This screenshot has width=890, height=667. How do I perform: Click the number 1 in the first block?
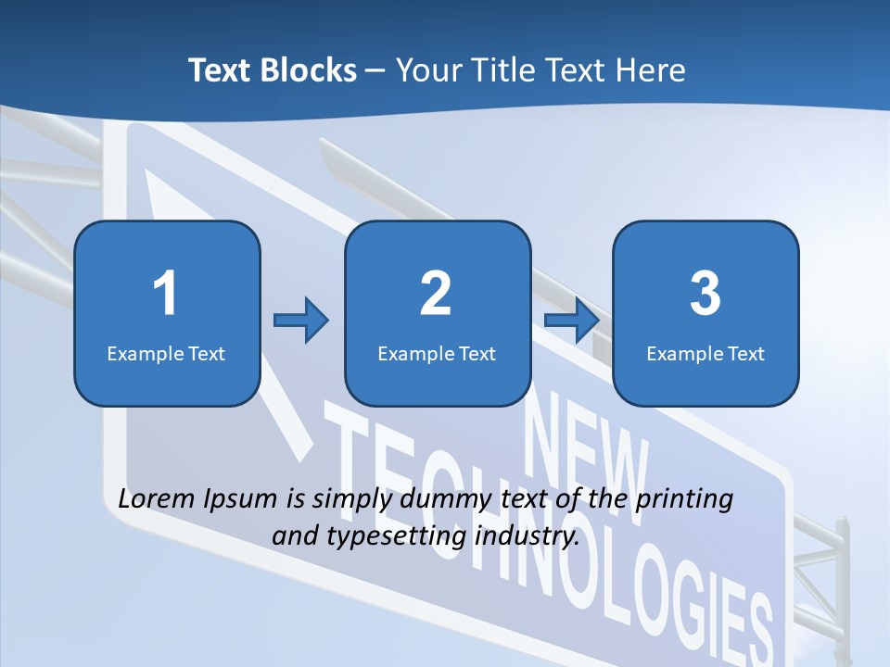point(165,294)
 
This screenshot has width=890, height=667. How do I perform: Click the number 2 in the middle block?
point(436,294)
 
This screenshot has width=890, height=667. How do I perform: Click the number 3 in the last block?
point(706,294)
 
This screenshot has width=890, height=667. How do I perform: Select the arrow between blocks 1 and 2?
point(301,321)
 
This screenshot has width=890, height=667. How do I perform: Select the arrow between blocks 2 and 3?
point(571,321)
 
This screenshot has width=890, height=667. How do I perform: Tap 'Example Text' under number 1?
point(166,353)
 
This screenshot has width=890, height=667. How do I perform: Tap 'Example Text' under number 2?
point(437,353)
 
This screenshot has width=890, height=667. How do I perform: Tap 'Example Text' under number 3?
point(706,353)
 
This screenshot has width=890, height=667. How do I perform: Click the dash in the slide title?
point(375,71)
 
